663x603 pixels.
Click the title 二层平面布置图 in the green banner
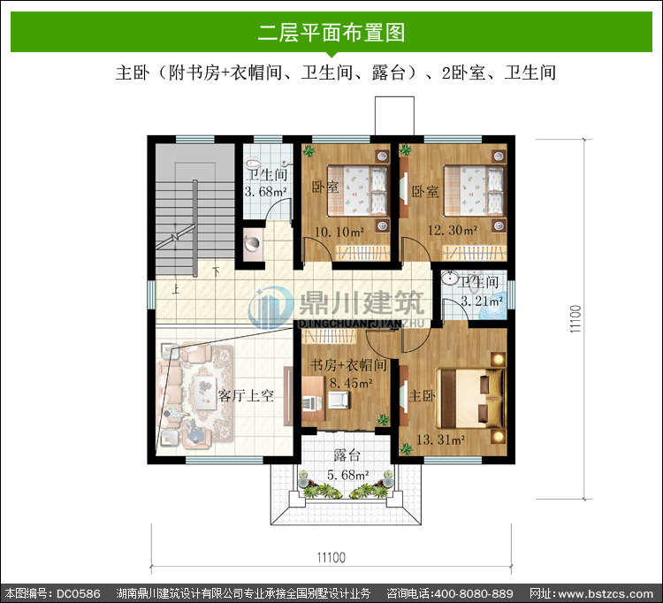point(331,32)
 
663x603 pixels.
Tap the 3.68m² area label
point(265,192)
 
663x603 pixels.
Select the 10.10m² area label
point(339,232)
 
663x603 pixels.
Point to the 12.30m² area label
point(452,230)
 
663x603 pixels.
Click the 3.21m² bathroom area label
point(482,301)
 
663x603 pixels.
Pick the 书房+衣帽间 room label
point(348,365)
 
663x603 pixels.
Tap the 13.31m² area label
point(440,439)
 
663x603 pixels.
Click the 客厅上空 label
point(246,395)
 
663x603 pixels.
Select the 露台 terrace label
point(347,455)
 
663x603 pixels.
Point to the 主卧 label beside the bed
point(422,396)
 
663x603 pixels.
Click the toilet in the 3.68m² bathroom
point(254,164)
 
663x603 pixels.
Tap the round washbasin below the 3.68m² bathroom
point(252,243)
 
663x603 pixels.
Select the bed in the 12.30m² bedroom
point(475,191)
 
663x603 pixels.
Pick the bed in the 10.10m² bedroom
point(358,191)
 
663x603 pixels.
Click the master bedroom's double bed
point(470,398)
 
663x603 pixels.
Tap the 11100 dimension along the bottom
point(331,557)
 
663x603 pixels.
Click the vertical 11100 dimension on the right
point(575,319)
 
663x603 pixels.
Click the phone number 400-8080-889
point(474,593)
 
